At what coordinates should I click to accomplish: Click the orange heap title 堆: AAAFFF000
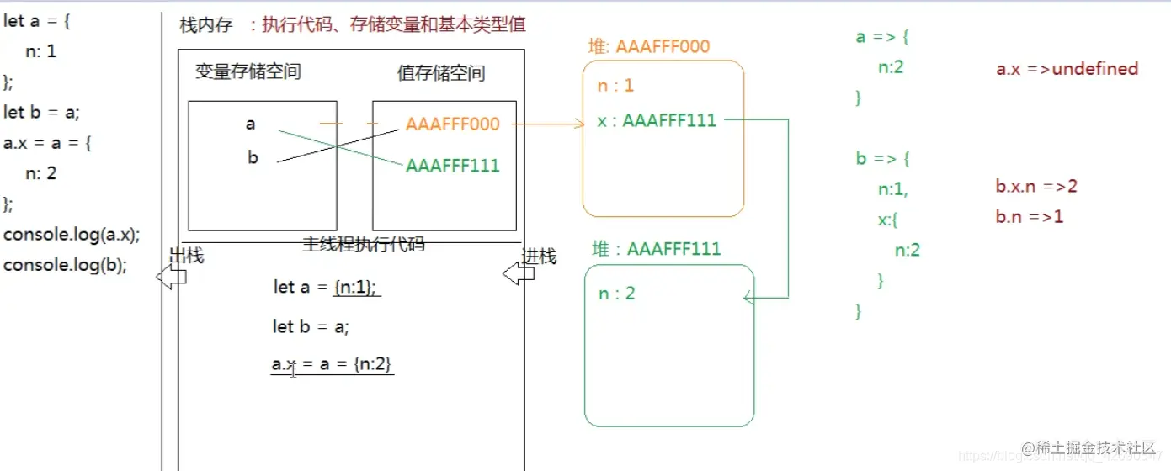pyautogui.click(x=648, y=47)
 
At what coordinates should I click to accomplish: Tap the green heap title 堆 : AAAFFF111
pyautogui.click(x=657, y=249)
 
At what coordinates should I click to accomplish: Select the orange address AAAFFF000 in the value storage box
pyautogui.click(x=452, y=124)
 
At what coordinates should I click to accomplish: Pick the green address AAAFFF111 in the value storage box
pyautogui.click(x=452, y=166)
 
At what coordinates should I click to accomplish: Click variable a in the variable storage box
pyautogui.click(x=250, y=124)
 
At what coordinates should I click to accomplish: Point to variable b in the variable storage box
pyautogui.click(x=253, y=157)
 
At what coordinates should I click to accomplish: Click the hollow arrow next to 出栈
pyautogui.click(x=171, y=277)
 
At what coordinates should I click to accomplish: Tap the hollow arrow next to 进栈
pyautogui.click(x=514, y=274)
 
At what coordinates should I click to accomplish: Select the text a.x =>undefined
pyautogui.click(x=1067, y=69)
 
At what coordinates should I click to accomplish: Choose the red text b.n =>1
pyautogui.click(x=1029, y=217)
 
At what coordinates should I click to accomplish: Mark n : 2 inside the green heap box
pyautogui.click(x=616, y=294)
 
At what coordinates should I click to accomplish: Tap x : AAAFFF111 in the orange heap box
pyautogui.click(x=657, y=121)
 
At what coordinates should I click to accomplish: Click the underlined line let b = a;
pyautogui.click(x=311, y=327)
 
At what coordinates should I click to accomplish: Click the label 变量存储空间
pyautogui.click(x=248, y=72)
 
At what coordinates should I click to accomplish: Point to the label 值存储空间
pyautogui.click(x=440, y=74)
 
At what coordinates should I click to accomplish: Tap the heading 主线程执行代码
pyautogui.click(x=363, y=245)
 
